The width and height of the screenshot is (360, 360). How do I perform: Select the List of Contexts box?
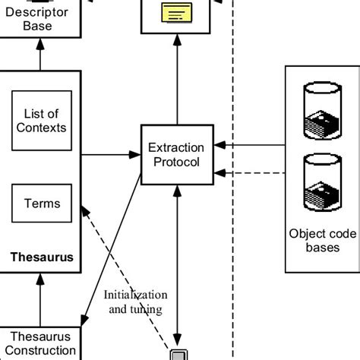click(41, 121)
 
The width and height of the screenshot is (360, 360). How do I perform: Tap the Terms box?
click(41, 204)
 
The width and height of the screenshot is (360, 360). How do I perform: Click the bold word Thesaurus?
click(42, 257)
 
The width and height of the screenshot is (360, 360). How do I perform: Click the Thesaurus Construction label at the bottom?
click(40, 343)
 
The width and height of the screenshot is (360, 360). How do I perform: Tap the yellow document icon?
click(175, 12)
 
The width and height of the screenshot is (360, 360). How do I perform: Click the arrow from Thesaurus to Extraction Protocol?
click(110, 154)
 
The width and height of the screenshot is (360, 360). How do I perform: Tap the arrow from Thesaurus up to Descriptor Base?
click(42, 55)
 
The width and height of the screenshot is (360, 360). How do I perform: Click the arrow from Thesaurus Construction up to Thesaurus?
click(42, 300)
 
